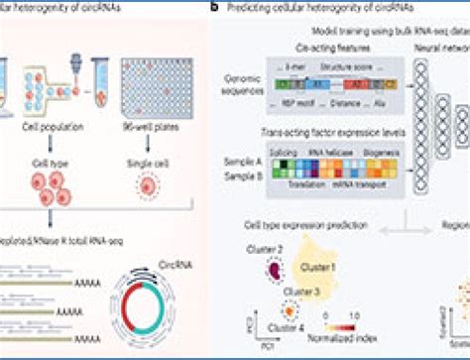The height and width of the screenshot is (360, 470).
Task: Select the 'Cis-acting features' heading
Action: pos(305,48)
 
